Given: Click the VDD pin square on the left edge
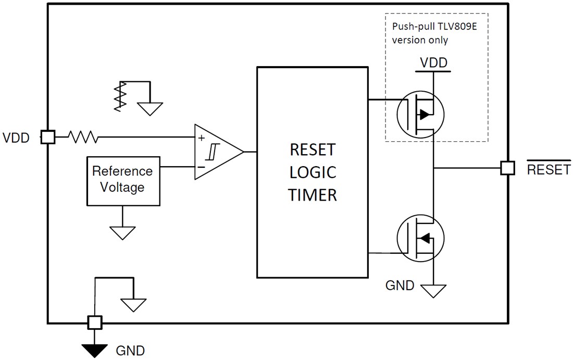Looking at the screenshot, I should [48, 137].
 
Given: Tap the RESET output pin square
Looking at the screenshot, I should [507, 168].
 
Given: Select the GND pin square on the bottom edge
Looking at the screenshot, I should [94, 323].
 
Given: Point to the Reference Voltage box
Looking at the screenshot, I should [123, 180].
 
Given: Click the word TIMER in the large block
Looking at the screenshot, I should [313, 195].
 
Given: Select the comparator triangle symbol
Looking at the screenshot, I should [216, 152].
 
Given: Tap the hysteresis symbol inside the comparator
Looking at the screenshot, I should [211, 152].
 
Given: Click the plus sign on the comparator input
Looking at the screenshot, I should [201, 139].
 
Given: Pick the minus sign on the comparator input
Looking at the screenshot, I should [201, 167].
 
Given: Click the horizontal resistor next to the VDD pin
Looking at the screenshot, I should [83, 137].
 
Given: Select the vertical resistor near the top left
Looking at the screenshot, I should [120, 96].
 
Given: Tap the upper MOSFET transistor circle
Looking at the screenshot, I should [420, 114].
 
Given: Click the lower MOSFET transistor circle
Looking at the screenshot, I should [420, 238].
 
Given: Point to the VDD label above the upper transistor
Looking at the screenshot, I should [434, 63].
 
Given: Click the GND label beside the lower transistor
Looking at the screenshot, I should [400, 285].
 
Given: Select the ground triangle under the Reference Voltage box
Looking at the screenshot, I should [123, 232].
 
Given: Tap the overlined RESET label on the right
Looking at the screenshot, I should [549, 169].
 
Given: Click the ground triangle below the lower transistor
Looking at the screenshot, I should [434, 290].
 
